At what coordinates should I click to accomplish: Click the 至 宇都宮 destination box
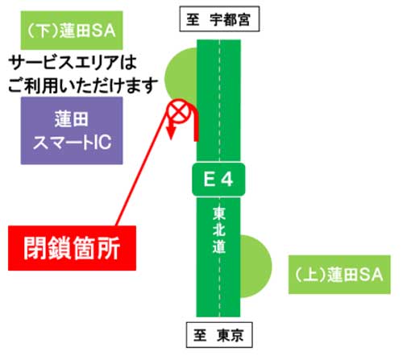[219, 19]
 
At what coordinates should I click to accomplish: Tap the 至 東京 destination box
[219, 335]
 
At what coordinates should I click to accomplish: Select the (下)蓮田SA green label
[72, 31]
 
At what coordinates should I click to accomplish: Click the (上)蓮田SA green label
[339, 275]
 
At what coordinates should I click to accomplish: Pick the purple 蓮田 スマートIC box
[72, 130]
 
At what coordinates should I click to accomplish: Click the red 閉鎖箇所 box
[72, 248]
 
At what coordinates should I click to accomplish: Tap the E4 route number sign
[218, 179]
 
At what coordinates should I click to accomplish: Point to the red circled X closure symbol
[179, 111]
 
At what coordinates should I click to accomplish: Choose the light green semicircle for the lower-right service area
[256, 267]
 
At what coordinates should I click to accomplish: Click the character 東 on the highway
[219, 213]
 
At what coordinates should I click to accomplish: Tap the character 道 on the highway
[219, 246]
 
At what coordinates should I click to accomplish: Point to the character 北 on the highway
[219, 230]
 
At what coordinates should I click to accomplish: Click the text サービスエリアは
[73, 63]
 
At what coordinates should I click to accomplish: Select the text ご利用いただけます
[83, 86]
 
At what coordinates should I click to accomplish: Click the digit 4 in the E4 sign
[227, 180]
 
